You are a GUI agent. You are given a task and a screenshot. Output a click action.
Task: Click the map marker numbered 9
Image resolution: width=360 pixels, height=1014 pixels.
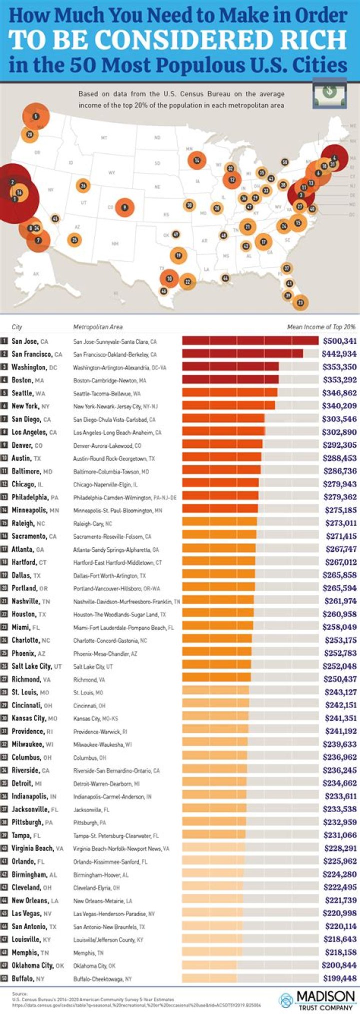pyautogui.click(x=124, y=207)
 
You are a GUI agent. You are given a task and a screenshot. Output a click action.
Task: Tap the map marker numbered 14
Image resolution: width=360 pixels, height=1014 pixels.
pyautogui.click(x=197, y=160)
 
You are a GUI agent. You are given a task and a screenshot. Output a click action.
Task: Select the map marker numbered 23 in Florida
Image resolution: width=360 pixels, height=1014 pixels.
pyautogui.click(x=300, y=302)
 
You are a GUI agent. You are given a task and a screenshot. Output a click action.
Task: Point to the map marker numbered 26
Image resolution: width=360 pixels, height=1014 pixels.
pyautogui.click(x=83, y=186)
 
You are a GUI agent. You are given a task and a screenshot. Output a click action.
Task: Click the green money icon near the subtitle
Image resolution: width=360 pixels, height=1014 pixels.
pyautogui.click(x=329, y=92)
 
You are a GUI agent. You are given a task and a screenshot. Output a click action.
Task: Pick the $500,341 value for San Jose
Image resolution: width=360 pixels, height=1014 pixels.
pyautogui.click(x=339, y=341)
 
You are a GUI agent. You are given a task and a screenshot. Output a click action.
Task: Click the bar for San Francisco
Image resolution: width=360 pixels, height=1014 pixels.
pyautogui.click(x=242, y=354)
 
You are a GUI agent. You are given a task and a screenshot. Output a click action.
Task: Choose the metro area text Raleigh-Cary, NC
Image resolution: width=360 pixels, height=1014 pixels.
pyautogui.click(x=92, y=524)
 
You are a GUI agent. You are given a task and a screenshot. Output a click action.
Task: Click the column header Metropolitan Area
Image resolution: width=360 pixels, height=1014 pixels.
pyautogui.click(x=97, y=327)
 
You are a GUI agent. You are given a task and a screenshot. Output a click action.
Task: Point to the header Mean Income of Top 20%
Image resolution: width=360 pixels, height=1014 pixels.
pyautogui.click(x=321, y=327)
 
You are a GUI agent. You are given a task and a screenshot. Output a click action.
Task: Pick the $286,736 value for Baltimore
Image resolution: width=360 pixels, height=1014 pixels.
pyautogui.click(x=339, y=471)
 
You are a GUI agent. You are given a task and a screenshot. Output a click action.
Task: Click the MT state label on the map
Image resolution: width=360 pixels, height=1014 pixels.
pyautogui.click(x=104, y=137)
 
